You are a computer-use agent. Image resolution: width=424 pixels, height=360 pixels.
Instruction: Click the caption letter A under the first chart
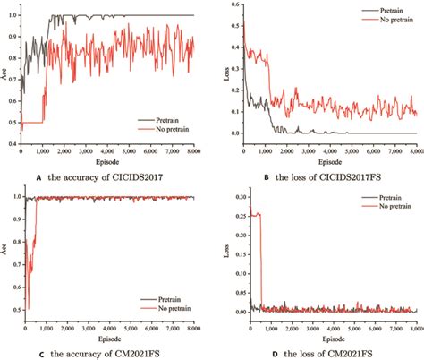pos(39,176)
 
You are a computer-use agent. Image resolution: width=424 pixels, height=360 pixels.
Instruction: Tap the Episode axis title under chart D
pos(332,339)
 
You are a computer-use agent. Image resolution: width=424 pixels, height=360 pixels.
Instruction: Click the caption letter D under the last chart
pos(260,353)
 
